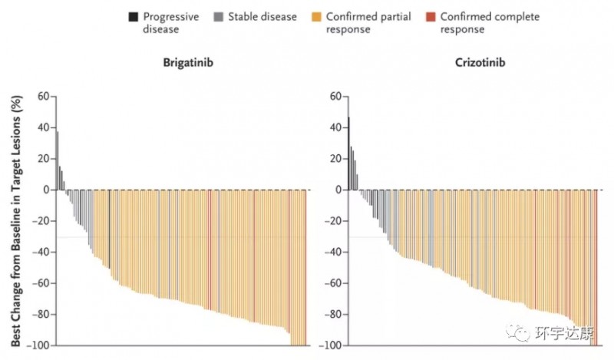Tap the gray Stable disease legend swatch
tap(220, 17)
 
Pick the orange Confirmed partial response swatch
tap(316, 17)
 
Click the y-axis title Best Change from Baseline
tap(15, 220)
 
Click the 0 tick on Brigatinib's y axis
tap(46, 190)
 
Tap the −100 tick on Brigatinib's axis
tap(38, 346)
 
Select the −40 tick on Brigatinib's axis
tap(40, 253)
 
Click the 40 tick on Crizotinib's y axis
tap(335, 127)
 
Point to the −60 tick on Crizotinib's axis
tap(332, 284)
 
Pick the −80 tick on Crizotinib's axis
tap(332, 315)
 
